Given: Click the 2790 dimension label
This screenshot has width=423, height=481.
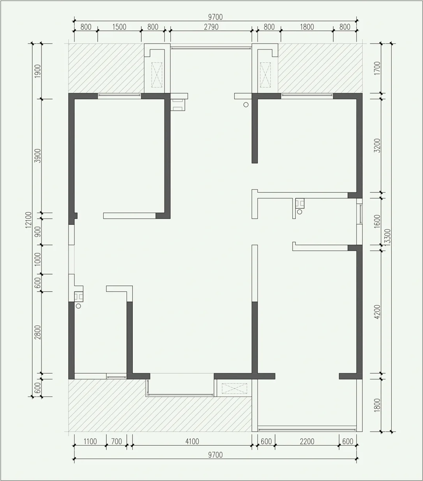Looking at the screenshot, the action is (211, 27).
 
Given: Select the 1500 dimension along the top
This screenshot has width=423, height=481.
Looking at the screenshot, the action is (119, 27).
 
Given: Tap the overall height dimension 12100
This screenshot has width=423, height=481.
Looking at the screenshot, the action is (29, 220).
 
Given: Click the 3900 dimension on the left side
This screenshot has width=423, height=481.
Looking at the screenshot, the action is (38, 156).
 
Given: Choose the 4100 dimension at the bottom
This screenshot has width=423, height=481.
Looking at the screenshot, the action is (192, 442).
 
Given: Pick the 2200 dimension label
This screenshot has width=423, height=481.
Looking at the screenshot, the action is (307, 442).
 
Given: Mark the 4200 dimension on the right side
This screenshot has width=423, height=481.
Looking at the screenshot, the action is (377, 312).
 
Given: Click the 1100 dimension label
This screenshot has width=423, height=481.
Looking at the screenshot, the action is (90, 442).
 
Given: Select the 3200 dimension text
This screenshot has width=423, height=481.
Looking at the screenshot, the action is (377, 146).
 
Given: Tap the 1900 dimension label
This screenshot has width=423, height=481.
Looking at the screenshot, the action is (38, 71).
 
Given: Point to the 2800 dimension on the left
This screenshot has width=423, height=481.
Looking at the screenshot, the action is (38, 332).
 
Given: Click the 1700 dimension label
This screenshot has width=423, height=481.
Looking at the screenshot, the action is (377, 68).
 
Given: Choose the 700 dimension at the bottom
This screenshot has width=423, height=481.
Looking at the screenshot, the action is (117, 442).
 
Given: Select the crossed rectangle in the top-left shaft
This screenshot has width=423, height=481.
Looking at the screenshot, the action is (157, 75).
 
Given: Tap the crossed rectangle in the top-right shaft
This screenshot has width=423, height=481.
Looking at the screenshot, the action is (265, 75).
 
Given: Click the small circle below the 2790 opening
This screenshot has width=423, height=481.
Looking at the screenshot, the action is (246, 104).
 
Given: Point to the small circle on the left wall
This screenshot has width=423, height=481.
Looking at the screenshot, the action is (78, 306).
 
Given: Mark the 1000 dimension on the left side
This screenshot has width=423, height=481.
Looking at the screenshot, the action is (38, 259).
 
